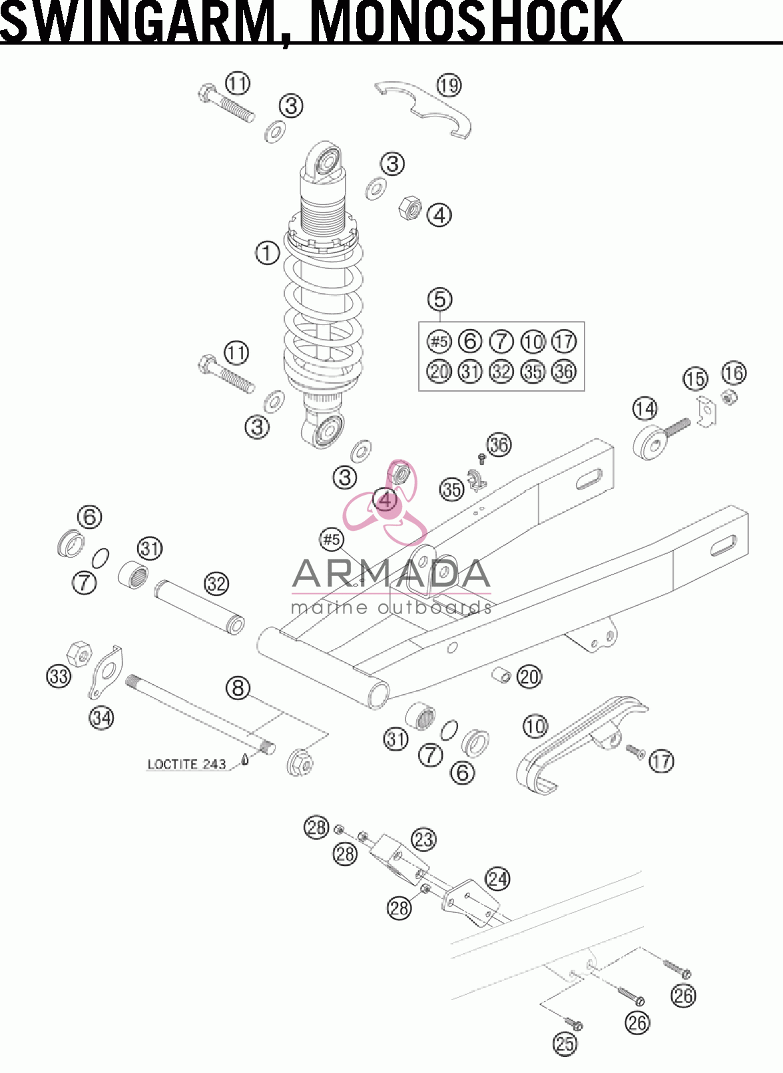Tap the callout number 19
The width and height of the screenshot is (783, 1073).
click(x=449, y=86)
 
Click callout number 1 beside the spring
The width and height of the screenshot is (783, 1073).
click(x=267, y=253)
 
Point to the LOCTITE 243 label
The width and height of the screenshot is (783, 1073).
click(x=186, y=764)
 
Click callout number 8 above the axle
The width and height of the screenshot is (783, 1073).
click(x=238, y=688)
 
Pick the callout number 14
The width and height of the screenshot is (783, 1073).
click(x=645, y=409)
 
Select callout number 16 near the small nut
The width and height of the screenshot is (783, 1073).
click(x=733, y=373)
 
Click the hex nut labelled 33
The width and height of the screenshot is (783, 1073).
click(x=79, y=653)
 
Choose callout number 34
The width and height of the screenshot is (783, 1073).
click(x=101, y=717)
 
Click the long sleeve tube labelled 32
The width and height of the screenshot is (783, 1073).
click(x=200, y=607)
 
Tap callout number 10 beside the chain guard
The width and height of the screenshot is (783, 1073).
click(x=535, y=726)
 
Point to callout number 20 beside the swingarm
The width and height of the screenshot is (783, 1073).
click(x=529, y=677)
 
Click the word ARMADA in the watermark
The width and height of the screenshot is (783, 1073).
click(x=391, y=573)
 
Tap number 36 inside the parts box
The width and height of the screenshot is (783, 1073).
click(x=564, y=371)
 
